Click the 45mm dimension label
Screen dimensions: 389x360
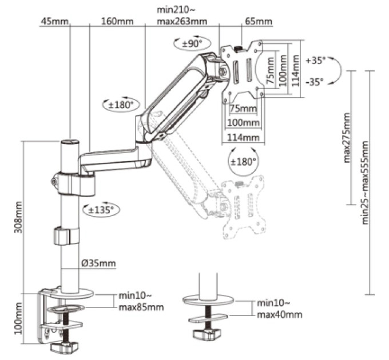tap(54, 21)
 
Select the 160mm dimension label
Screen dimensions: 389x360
tap(117, 21)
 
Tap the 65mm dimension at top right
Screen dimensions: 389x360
tap(259, 21)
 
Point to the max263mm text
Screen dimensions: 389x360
tap(182, 21)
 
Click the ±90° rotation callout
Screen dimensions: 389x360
tap(192, 44)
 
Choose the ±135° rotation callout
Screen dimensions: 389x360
tap(101, 210)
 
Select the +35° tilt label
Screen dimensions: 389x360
tap(315, 61)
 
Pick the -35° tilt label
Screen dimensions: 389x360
tap(315, 82)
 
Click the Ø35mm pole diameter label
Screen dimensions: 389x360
tap(98, 263)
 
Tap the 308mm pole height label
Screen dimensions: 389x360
tap(18, 218)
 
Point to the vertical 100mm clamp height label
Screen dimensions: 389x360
tap(18, 319)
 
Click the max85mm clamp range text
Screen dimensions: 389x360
tap(141, 307)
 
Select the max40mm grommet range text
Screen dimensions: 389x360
tap(280, 315)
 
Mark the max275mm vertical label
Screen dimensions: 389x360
tap(347, 138)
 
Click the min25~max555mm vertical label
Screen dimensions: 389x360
tap(365, 183)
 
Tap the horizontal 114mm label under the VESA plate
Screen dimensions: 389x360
tap(243, 137)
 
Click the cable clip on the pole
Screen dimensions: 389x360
tap(66, 236)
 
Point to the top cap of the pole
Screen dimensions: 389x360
tap(70, 142)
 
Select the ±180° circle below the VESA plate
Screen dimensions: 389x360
tap(243, 162)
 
